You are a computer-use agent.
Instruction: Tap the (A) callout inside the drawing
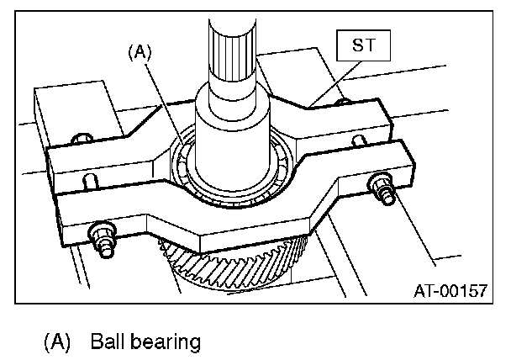pos(139,52)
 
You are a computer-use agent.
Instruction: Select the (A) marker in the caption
pos(56,342)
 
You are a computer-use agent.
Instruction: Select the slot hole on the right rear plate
pos(359,139)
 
